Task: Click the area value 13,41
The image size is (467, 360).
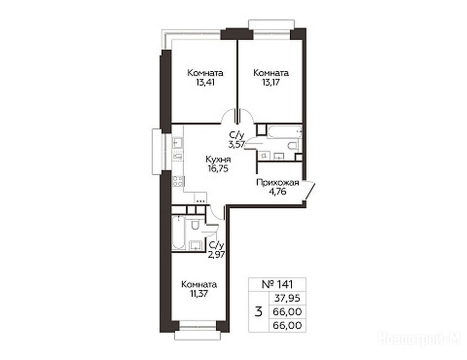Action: (205, 82)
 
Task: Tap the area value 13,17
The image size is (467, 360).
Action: (271, 82)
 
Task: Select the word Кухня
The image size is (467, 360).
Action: (218, 159)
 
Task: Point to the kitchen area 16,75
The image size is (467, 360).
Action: (218, 169)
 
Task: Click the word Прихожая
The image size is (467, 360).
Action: (278, 182)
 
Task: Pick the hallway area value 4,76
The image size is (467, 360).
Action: (278, 191)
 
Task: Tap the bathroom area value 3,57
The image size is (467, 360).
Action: (236, 145)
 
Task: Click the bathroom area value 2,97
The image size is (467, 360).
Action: (217, 254)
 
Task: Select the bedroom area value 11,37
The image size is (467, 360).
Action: (199, 293)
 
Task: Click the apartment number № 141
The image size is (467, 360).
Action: (277, 284)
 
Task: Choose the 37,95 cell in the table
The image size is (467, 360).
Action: (287, 298)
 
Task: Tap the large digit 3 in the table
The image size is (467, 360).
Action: (259, 312)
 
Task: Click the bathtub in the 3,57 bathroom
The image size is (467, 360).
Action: (285, 132)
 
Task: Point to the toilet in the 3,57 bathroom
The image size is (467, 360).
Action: (293, 146)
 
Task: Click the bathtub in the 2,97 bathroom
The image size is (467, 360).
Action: (178, 232)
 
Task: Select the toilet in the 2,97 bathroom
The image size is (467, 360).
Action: (195, 224)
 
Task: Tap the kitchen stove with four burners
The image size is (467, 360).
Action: (178, 181)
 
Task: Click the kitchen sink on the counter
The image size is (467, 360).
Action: (178, 142)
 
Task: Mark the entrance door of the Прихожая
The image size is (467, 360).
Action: (309, 190)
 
